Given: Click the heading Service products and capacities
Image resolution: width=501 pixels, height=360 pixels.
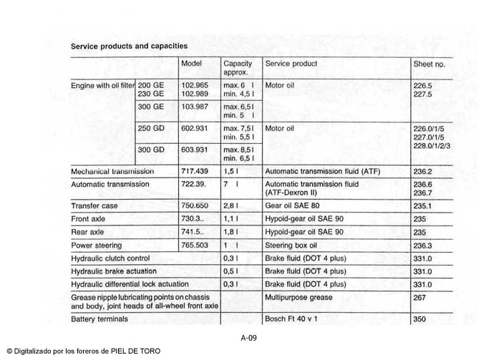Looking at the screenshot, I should pos(129,45).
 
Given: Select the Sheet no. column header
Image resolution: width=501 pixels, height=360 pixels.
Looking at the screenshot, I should pos(429,64).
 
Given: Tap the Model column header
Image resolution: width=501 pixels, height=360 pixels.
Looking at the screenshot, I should pos(191,64).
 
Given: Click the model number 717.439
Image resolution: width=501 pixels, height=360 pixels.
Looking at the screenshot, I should pos(195,172).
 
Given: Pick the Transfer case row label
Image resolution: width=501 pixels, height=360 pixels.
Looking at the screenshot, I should pos(94,205).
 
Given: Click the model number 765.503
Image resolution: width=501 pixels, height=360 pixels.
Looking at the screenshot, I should pos(195,245).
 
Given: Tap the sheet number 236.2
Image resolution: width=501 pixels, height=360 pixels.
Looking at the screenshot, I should pos(423,172).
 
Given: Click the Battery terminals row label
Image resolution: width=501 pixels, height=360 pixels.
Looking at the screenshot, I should pos(99,318).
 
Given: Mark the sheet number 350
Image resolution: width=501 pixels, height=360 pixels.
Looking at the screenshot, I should pos(420,318).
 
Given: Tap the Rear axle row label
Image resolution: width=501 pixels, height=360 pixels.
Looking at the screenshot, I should pos(87,232).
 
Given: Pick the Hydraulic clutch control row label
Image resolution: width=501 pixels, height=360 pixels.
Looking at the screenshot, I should pos(110,258).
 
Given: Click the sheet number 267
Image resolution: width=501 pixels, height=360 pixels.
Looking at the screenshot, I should pos(420,297).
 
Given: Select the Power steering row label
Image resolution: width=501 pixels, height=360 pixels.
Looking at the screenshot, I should pos(96,245).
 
